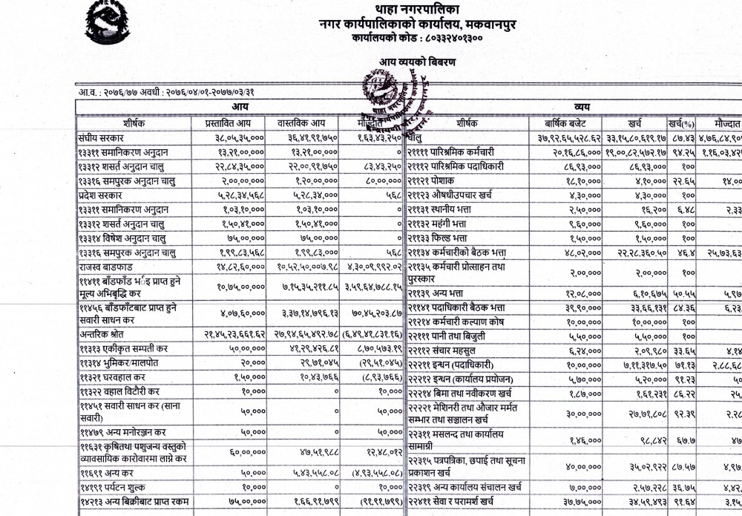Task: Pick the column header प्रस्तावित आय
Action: point(234,123)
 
